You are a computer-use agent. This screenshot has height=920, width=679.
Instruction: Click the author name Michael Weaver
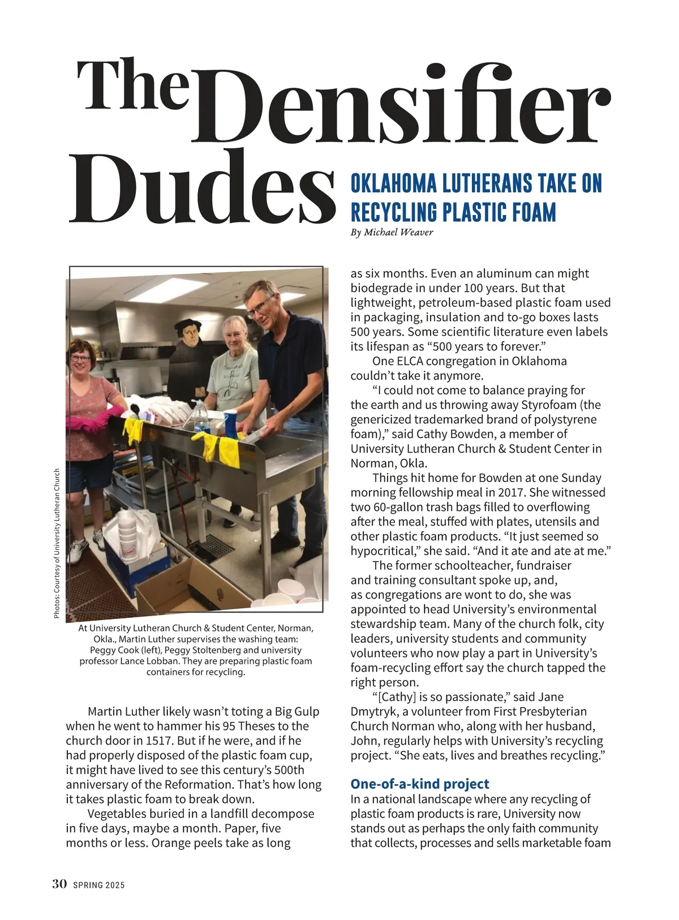pos(399,233)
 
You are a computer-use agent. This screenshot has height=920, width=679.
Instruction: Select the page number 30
pos(60,884)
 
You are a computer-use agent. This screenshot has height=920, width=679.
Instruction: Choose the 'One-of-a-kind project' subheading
pos(420,784)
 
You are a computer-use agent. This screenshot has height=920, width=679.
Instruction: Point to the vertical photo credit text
pos(57,543)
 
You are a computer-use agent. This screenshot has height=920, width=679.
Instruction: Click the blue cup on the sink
pos(230,425)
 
